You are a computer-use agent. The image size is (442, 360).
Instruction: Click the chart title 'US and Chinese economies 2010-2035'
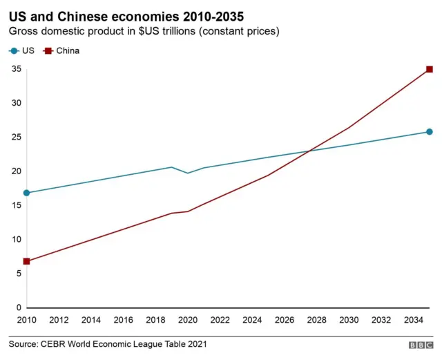click(126, 15)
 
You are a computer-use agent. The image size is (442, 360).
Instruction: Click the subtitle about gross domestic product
click(144, 32)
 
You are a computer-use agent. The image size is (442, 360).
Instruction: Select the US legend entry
click(21, 50)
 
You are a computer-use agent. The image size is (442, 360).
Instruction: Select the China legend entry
click(61, 50)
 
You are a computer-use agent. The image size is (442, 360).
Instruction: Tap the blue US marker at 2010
click(26, 193)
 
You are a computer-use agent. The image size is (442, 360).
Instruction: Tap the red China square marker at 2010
click(26, 261)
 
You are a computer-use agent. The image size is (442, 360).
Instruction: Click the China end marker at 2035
click(429, 69)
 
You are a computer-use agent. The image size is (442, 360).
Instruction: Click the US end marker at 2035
click(429, 132)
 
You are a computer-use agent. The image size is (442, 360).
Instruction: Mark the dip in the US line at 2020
click(188, 173)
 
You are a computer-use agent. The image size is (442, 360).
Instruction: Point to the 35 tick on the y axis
click(15, 69)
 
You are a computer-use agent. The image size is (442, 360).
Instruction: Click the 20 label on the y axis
click(15, 171)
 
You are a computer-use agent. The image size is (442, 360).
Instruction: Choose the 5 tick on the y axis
click(18, 274)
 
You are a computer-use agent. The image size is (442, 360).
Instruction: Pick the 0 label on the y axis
click(18, 307)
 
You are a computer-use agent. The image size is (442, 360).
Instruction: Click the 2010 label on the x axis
click(27, 320)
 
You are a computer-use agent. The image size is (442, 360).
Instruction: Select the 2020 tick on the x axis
click(188, 320)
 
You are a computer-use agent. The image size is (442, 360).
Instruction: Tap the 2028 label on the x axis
click(316, 320)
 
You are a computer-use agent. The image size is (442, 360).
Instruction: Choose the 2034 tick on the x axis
click(413, 320)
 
